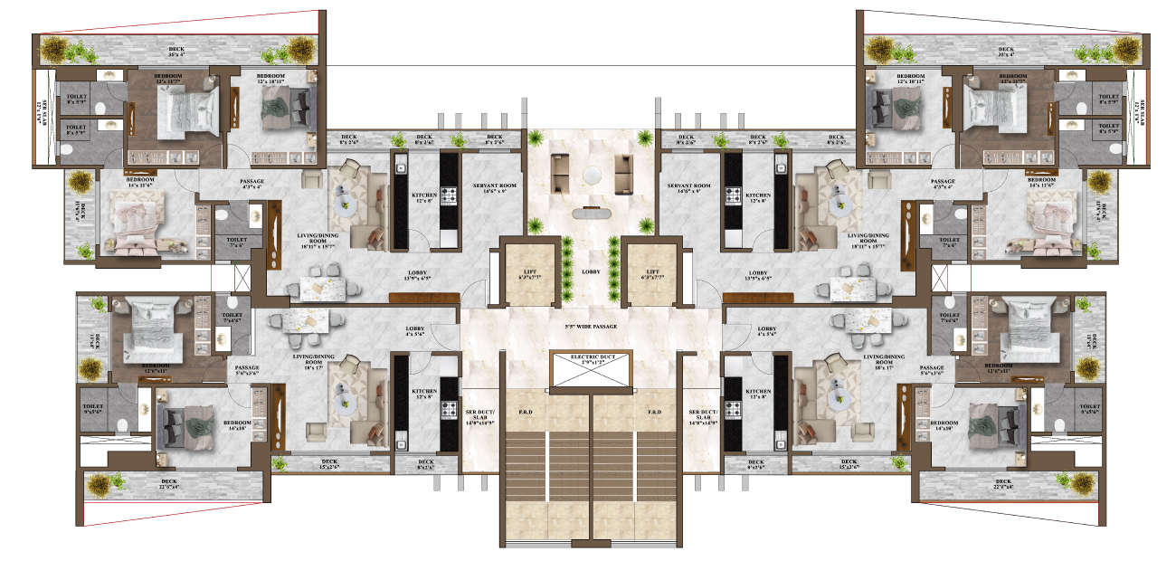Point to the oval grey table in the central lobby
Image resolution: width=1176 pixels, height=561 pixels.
592,214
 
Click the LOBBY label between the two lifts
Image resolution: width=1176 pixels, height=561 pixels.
591,271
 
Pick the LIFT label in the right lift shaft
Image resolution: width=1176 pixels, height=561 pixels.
653,274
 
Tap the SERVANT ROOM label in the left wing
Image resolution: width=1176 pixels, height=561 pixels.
495,188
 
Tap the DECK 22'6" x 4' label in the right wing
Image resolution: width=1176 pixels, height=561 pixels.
1003,484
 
